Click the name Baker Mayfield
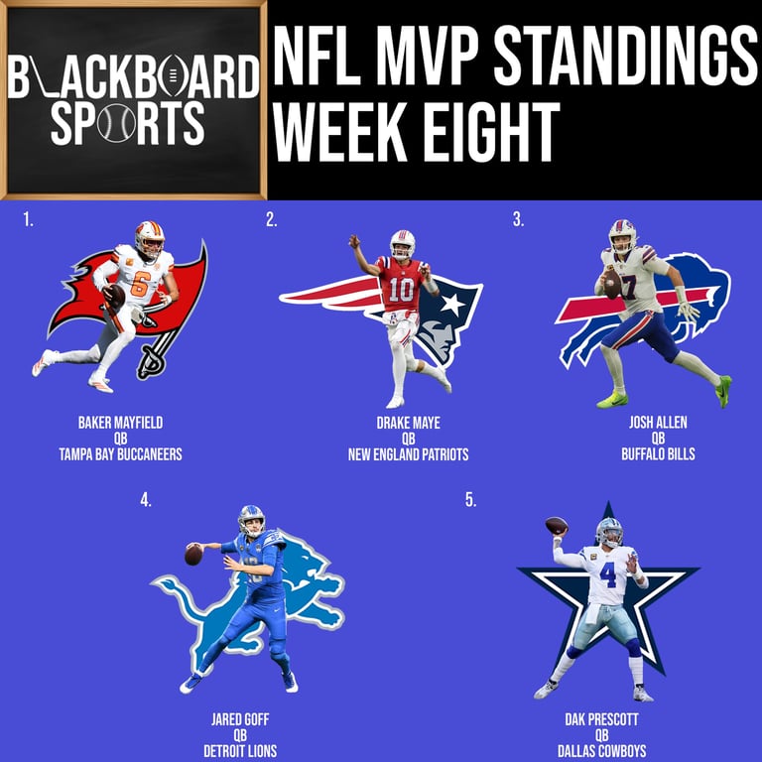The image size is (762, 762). point(120,423)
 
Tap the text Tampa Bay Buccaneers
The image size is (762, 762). point(120,454)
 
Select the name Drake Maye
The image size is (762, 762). point(408,423)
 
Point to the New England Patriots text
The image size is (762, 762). point(408,454)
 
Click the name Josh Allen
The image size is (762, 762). point(658,423)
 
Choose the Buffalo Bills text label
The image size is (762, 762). point(658,454)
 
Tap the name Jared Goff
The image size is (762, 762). point(240,719)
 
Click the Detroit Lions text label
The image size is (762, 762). point(240,751)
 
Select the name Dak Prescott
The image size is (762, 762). point(601,719)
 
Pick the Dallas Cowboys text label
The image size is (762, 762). point(601,751)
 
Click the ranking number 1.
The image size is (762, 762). point(28,220)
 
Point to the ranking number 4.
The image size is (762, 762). point(146,500)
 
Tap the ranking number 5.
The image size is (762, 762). point(470,500)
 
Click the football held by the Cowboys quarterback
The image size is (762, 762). point(557,525)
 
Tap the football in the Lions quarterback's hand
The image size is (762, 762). point(192,555)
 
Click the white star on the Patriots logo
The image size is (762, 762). point(452,305)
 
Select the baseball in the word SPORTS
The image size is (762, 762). point(117,122)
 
